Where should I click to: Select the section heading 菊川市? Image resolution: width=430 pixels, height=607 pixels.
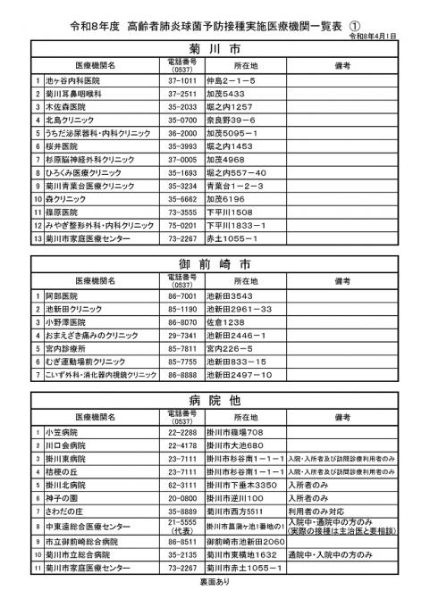coord(214,49)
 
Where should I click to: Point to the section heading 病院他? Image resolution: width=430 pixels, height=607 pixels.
coord(214,400)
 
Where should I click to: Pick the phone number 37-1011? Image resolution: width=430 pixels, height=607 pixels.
coord(181,80)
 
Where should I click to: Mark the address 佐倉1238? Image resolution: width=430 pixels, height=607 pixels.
coord(227,320)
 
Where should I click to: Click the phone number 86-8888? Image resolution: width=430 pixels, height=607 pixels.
coord(181,375)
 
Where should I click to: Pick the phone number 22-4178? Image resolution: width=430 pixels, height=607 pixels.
coord(181,445)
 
